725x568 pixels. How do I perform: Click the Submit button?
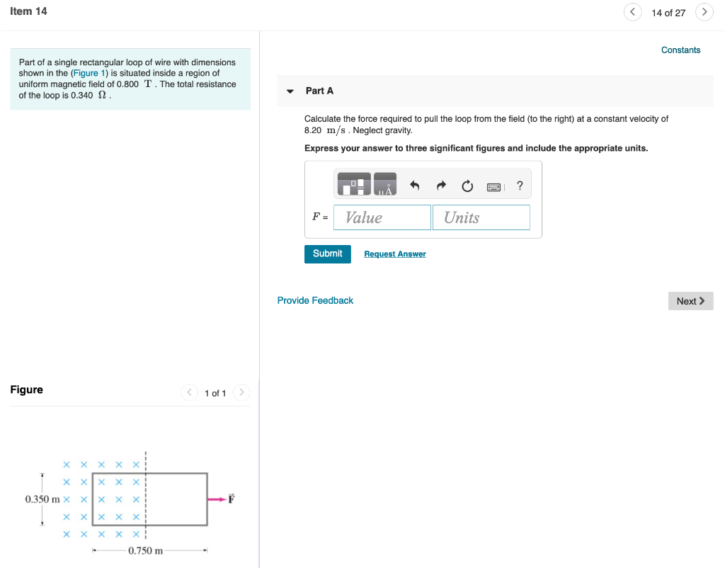click(327, 254)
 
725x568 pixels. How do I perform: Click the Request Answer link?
click(394, 254)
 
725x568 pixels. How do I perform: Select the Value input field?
click(382, 217)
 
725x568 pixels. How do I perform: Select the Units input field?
click(481, 217)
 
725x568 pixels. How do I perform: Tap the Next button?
click(690, 301)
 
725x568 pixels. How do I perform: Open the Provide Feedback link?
click(315, 300)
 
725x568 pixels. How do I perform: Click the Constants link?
click(680, 50)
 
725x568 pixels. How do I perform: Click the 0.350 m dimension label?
click(43, 499)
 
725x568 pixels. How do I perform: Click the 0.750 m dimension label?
click(146, 551)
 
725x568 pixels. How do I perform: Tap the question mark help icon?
click(520, 186)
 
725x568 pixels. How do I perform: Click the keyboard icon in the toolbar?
click(494, 187)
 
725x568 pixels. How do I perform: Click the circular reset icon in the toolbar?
click(467, 186)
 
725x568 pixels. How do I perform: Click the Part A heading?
click(319, 91)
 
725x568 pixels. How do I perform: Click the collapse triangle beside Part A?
click(290, 91)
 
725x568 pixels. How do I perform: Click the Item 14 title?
click(29, 11)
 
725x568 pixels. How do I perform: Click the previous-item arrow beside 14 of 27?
click(633, 12)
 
